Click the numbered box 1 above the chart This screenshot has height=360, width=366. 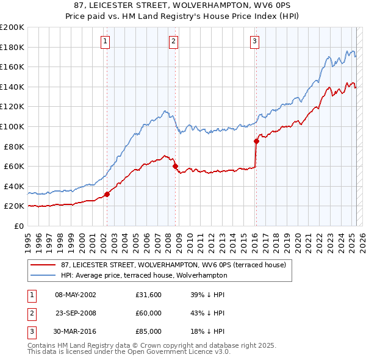(x=106, y=41)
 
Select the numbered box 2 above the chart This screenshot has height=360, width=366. (x=174, y=41)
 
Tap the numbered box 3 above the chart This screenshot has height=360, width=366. (x=254, y=41)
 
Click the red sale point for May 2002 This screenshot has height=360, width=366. (x=107, y=194)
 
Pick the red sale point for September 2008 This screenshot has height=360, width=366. (x=175, y=166)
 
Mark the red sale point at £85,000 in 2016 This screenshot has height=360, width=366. (x=256, y=141)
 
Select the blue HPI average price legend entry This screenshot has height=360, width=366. (x=144, y=275)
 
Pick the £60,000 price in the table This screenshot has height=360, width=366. (x=149, y=313)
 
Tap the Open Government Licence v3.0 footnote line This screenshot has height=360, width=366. (x=129, y=352)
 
